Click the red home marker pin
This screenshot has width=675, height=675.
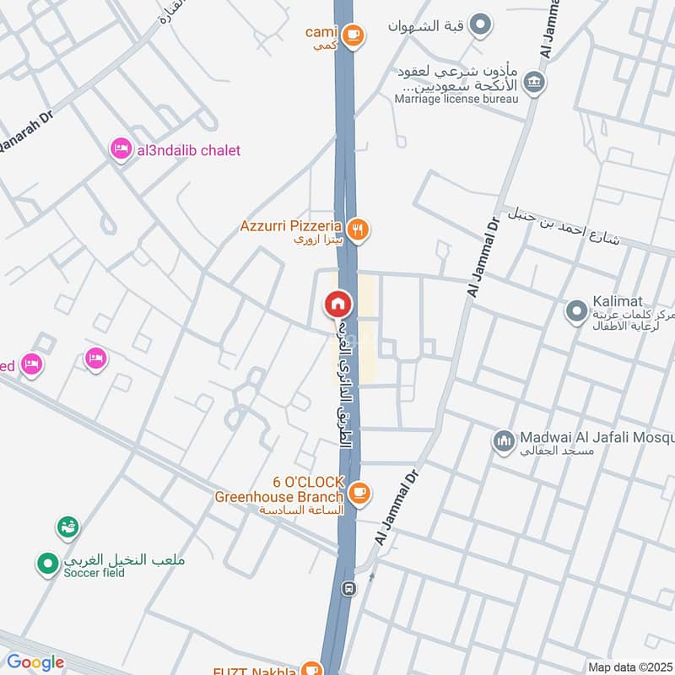pyautogui.click(x=338, y=304)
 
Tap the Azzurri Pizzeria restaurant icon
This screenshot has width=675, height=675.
pyautogui.click(x=359, y=229)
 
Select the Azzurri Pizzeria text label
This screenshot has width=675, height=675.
pyautogui.click(x=290, y=226)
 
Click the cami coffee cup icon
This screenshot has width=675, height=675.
pyautogui.click(x=353, y=35)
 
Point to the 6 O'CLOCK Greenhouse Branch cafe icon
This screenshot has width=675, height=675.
pyautogui.click(x=359, y=493)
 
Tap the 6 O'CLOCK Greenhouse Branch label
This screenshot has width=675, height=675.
pyautogui.click(x=279, y=489)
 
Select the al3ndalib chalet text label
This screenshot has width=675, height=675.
pyautogui.click(x=187, y=150)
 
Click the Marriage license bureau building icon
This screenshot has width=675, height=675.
pyautogui.click(x=534, y=82)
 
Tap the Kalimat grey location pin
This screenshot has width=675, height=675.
pyautogui.click(x=577, y=312)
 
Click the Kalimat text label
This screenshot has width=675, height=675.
pyautogui.click(x=618, y=301)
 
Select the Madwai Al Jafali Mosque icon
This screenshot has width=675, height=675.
pyautogui.click(x=504, y=441)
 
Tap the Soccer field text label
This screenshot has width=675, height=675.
pyautogui.click(x=94, y=573)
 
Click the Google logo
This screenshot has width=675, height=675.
pyautogui.click(x=35, y=662)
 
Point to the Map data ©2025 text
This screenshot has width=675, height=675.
pyautogui.click(x=629, y=667)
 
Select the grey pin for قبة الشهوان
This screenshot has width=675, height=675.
pyautogui.click(x=480, y=24)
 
